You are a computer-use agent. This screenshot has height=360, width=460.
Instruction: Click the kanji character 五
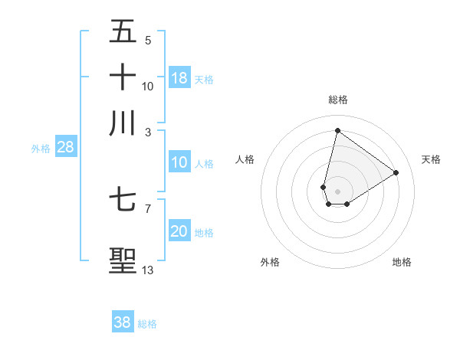pyautogui.click(x=123, y=31)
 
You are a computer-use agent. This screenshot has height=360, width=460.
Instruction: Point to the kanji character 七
pyautogui.click(x=123, y=200)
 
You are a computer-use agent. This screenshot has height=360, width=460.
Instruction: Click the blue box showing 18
pyautogui.click(x=179, y=77)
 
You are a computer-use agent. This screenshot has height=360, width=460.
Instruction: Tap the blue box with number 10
pyautogui.click(x=179, y=162)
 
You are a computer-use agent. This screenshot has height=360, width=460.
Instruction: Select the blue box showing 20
pyautogui.click(x=179, y=231)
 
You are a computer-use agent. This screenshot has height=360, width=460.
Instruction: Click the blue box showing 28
pyautogui.click(x=66, y=148)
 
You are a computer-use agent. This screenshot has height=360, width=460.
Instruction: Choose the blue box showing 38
pyautogui.click(x=123, y=322)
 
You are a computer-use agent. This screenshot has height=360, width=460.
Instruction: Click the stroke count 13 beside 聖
pyautogui.click(x=148, y=270)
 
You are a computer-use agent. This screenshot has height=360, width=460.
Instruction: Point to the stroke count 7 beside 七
pyautogui.click(x=147, y=208)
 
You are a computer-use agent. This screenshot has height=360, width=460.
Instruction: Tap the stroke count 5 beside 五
pyautogui.click(x=147, y=40)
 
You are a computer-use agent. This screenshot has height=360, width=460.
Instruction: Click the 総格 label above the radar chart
pyautogui.click(x=337, y=100)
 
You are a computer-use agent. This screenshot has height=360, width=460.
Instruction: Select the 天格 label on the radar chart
pyautogui.click(x=431, y=159)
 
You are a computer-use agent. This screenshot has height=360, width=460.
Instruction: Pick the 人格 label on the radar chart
pyautogui.click(x=245, y=159)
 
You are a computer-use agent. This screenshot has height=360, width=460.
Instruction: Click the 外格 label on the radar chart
pyautogui.click(x=269, y=262)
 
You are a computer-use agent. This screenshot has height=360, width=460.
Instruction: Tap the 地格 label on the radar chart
pyautogui.click(x=402, y=262)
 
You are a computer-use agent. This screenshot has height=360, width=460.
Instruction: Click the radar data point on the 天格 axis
pyautogui.click(x=396, y=172)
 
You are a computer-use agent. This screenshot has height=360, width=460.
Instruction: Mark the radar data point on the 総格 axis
pyautogui.click(x=337, y=130)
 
